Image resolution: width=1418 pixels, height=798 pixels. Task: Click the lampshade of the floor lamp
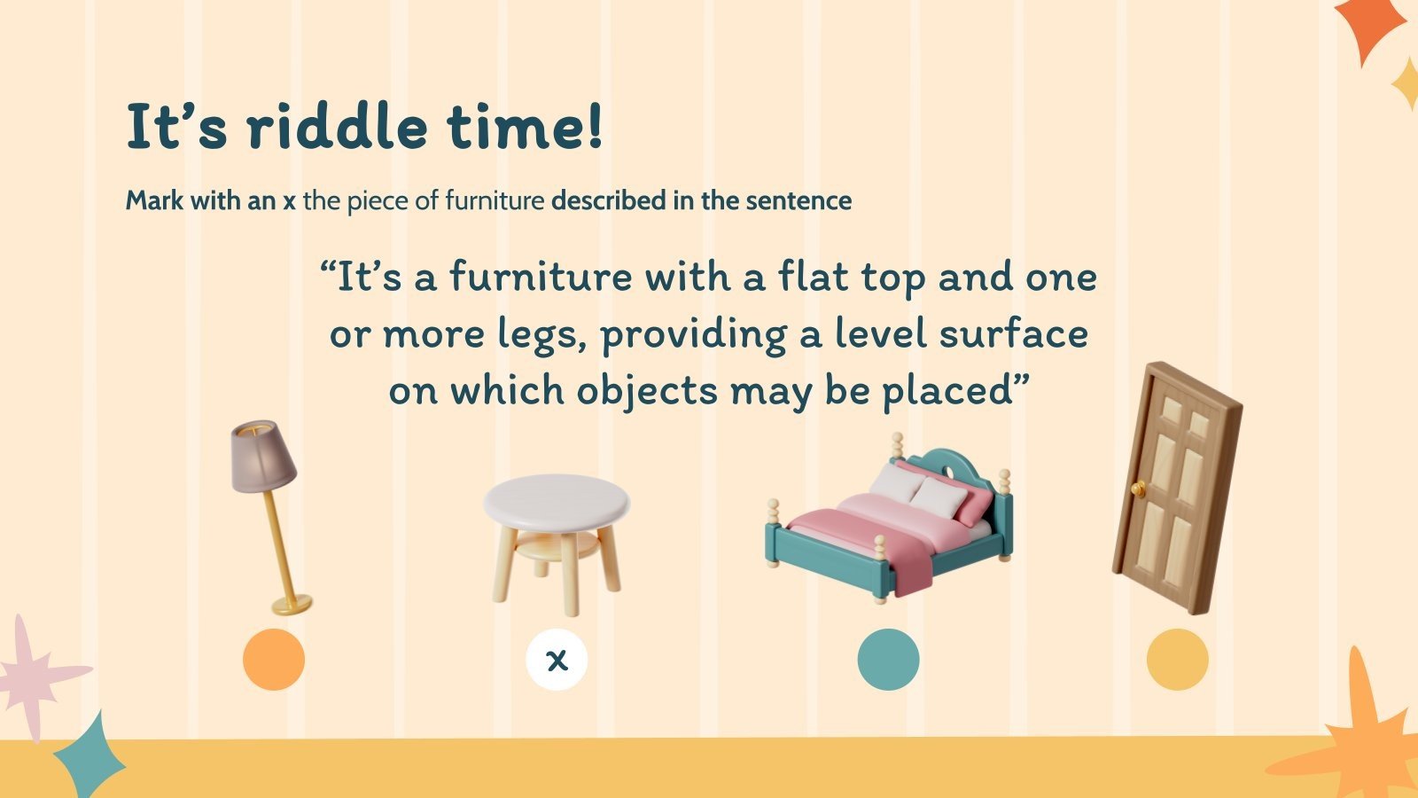click(262, 456)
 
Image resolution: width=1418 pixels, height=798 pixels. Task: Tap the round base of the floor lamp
click(292, 606)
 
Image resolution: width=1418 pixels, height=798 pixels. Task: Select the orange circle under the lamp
click(274, 660)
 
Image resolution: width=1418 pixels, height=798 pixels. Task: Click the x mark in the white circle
click(557, 660)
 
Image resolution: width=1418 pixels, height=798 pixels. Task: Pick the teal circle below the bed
click(888, 660)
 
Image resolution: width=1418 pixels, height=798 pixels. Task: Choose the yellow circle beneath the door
click(1177, 660)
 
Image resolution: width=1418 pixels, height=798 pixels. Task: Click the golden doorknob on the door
click(1138, 489)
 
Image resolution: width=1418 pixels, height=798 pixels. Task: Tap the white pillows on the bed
click(922, 490)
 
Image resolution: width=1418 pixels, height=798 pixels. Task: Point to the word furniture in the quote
click(541, 278)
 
